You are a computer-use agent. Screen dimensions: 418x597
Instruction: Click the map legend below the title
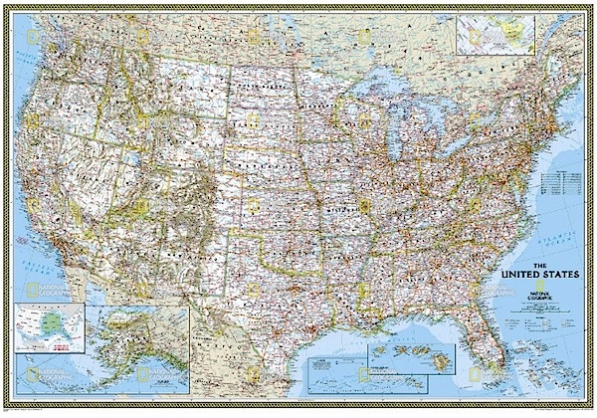tap(538, 313)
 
